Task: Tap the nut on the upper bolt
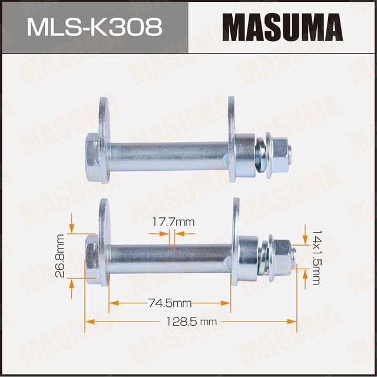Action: tap(280, 154)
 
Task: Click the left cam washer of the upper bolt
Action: tap(107, 141)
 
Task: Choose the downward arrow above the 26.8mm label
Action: tap(72, 223)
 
